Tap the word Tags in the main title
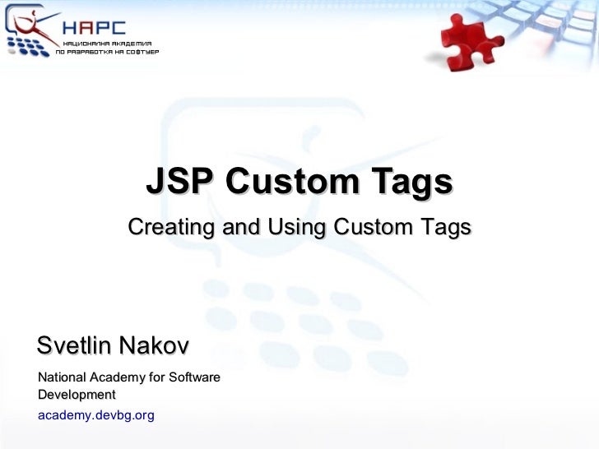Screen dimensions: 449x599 point(410,182)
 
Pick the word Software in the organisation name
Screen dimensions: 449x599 point(195,377)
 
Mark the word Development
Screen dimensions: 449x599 point(77,395)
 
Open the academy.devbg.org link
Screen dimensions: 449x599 point(95,415)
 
